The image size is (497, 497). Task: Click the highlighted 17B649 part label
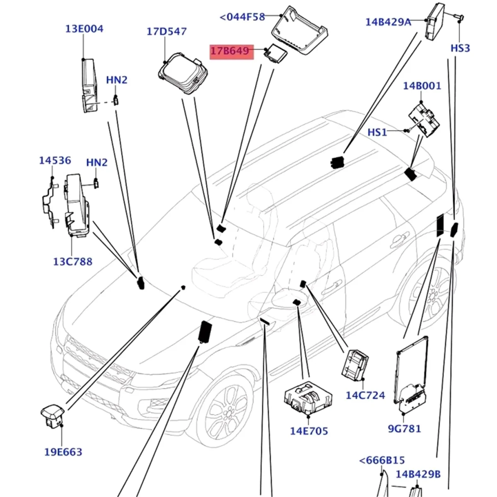pos(230,51)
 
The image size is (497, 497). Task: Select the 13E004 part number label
pos(84,29)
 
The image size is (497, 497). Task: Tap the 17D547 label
pos(166,31)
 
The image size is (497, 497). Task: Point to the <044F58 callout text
pos(242,17)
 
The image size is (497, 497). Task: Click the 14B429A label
pos(388,22)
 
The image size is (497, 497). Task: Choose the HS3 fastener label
pos(461,48)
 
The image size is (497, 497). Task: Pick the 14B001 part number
pos(422,86)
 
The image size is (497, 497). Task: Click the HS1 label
pos(377,132)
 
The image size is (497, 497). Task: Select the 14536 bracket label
pos(55,160)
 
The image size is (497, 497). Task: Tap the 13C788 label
pos(73,262)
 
